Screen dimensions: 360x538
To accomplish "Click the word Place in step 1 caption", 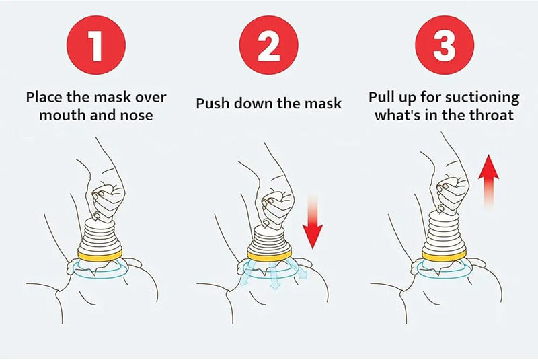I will point(46,96).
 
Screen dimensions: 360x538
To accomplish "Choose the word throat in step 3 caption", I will point(491,115).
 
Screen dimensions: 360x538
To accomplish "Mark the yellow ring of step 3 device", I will point(444,254).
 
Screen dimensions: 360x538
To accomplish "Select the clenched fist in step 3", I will point(451,188).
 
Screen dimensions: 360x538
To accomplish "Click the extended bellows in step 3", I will point(444,229).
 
